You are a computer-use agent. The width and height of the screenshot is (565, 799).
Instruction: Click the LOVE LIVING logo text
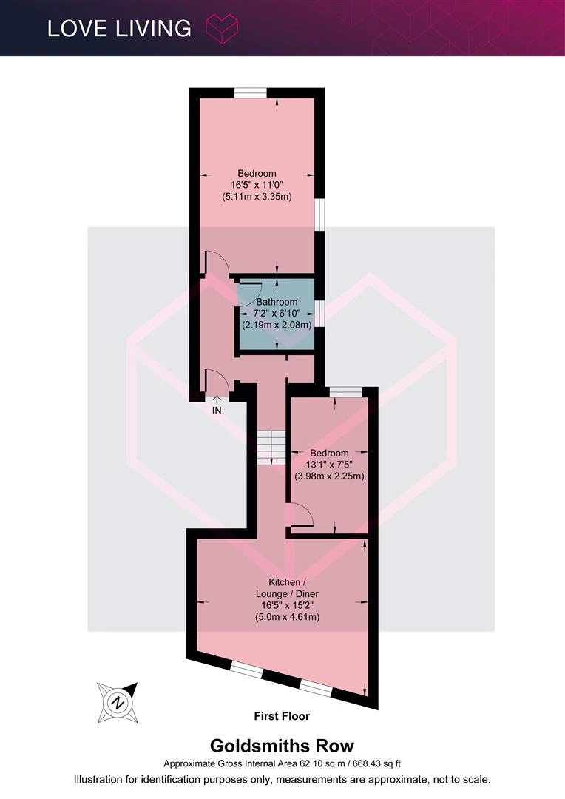(119, 29)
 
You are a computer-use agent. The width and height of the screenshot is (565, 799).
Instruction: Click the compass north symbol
(118, 703)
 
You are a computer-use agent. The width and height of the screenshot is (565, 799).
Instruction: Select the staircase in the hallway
(271, 448)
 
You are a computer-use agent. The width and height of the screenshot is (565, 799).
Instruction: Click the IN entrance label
(217, 410)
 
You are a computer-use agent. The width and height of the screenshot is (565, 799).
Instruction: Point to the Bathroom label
(277, 302)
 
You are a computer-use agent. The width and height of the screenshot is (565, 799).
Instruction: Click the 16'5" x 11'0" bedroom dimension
(257, 185)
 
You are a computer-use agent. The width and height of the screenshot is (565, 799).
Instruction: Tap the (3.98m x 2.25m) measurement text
(330, 476)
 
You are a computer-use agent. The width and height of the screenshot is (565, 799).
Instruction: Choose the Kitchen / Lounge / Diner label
(288, 587)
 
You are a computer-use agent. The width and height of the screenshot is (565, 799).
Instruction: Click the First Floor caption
(282, 716)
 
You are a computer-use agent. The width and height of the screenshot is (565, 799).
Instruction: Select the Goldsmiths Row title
(282, 746)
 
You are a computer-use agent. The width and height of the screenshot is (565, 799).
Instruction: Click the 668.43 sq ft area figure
(376, 763)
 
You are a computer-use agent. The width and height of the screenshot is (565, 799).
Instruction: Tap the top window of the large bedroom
(251, 92)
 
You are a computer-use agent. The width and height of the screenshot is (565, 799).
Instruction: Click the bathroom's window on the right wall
(319, 313)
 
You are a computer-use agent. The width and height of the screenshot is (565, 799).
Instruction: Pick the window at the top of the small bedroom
(345, 391)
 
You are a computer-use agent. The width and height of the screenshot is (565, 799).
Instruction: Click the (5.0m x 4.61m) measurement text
(288, 617)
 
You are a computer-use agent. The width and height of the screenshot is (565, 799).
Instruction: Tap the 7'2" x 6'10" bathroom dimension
(277, 313)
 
